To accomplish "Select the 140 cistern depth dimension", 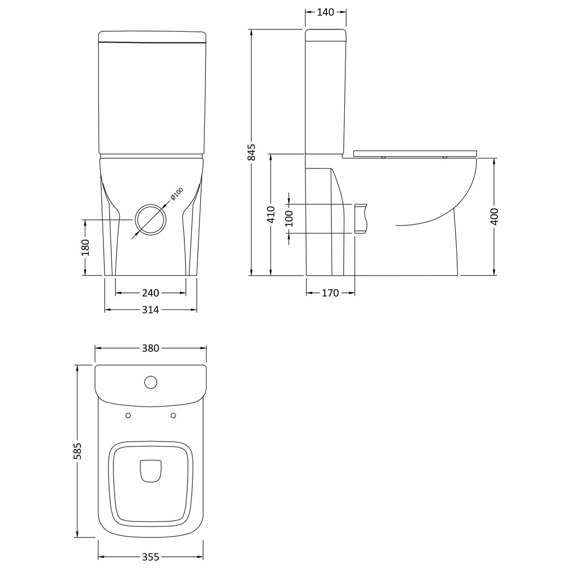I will [326, 13].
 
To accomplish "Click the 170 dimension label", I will [330, 293].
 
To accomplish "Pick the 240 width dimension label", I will [150, 293].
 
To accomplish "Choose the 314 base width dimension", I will [150, 310].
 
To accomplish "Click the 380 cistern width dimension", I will [151, 348].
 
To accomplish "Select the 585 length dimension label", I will [78, 450].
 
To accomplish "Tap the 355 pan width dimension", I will [151, 557].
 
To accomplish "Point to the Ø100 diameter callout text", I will [176, 194].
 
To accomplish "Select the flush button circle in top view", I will [151, 382].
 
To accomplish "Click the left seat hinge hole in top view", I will [128, 415].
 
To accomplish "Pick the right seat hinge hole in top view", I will [173, 415].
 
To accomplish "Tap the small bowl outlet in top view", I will [151, 469].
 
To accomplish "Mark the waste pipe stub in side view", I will [361, 218].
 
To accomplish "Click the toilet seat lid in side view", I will [415, 153].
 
